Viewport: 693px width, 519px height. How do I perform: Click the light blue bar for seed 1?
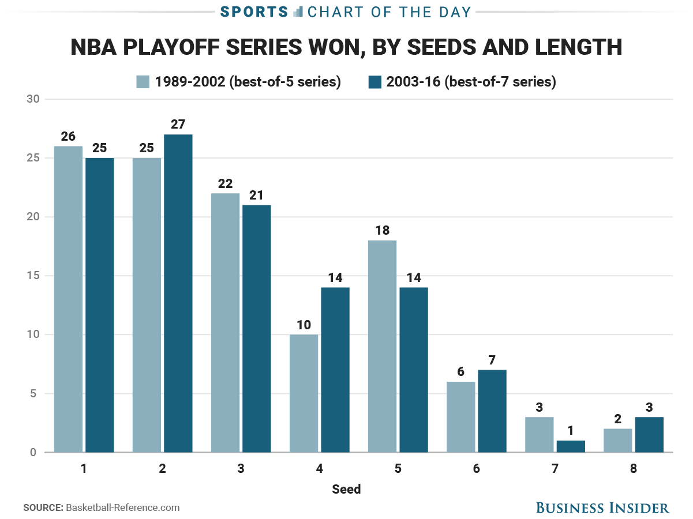[x=68, y=299]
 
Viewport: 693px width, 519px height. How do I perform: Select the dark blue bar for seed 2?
[x=178, y=294]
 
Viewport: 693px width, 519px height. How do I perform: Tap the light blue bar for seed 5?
[x=383, y=346]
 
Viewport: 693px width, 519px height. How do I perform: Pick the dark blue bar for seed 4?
[x=335, y=370]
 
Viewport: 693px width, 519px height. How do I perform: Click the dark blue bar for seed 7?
[x=571, y=446]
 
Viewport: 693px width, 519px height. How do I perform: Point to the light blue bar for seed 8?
[x=617, y=441]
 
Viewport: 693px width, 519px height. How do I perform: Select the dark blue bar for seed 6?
[x=492, y=411]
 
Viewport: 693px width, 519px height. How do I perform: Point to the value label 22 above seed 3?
[x=225, y=184]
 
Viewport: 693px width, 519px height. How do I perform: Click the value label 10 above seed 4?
[x=304, y=325]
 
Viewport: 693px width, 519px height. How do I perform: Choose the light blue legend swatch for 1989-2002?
[x=143, y=82]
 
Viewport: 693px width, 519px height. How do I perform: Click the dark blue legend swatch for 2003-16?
[x=374, y=82]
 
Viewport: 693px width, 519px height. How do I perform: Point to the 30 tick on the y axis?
[x=33, y=99]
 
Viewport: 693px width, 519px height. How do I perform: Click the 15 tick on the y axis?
[x=33, y=276]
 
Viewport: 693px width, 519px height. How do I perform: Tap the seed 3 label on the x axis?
[x=241, y=468]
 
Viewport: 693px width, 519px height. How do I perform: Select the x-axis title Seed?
[x=346, y=490]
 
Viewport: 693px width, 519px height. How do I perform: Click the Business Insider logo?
[x=602, y=507]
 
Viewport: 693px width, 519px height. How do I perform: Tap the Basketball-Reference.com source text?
[x=123, y=508]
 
